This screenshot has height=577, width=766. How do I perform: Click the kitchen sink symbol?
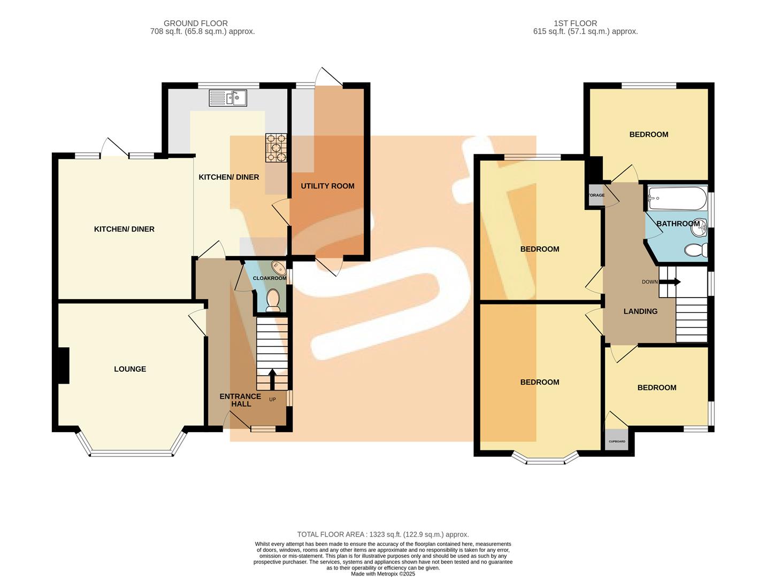pos(227,98)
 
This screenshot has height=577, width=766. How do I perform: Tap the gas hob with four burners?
pos(276,147)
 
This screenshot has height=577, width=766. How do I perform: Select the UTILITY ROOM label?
pos(327,186)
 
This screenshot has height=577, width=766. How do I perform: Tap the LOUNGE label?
pos(130,369)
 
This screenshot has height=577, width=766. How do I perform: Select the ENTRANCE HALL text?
pos(240,400)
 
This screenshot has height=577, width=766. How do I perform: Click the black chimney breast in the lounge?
pos(63,365)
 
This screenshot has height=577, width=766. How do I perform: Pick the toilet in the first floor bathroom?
pos(696,250)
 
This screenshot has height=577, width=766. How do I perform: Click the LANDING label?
pos(640,311)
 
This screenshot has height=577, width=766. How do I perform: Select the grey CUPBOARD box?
pos(617,441)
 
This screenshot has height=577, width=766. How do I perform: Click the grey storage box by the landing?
pos(596,195)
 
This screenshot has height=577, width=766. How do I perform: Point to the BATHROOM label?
pos(678,224)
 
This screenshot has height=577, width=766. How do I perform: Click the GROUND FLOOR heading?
pos(196,24)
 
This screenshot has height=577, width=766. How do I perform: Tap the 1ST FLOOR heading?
pos(576,24)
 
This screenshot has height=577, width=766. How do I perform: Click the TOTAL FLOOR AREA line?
pos(383,534)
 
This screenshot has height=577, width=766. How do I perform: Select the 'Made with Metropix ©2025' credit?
pos(383,574)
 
